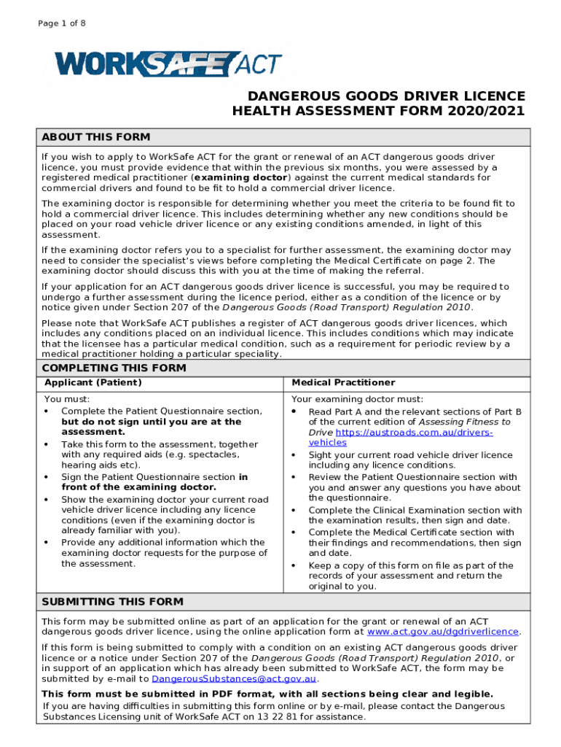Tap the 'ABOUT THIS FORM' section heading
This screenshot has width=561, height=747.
click(x=96, y=137)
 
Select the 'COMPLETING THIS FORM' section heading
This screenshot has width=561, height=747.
click(x=114, y=368)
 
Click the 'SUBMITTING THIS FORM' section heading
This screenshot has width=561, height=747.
click(x=112, y=602)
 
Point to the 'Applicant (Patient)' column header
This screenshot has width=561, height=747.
click(x=93, y=383)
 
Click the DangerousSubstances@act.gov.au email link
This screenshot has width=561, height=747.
click(x=238, y=678)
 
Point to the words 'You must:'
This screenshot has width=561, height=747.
click(x=67, y=400)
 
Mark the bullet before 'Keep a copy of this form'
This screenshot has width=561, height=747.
click(x=294, y=565)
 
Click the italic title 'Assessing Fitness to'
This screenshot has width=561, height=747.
click(x=463, y=422)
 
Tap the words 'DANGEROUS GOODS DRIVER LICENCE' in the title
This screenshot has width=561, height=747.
click(x=386, y=96)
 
